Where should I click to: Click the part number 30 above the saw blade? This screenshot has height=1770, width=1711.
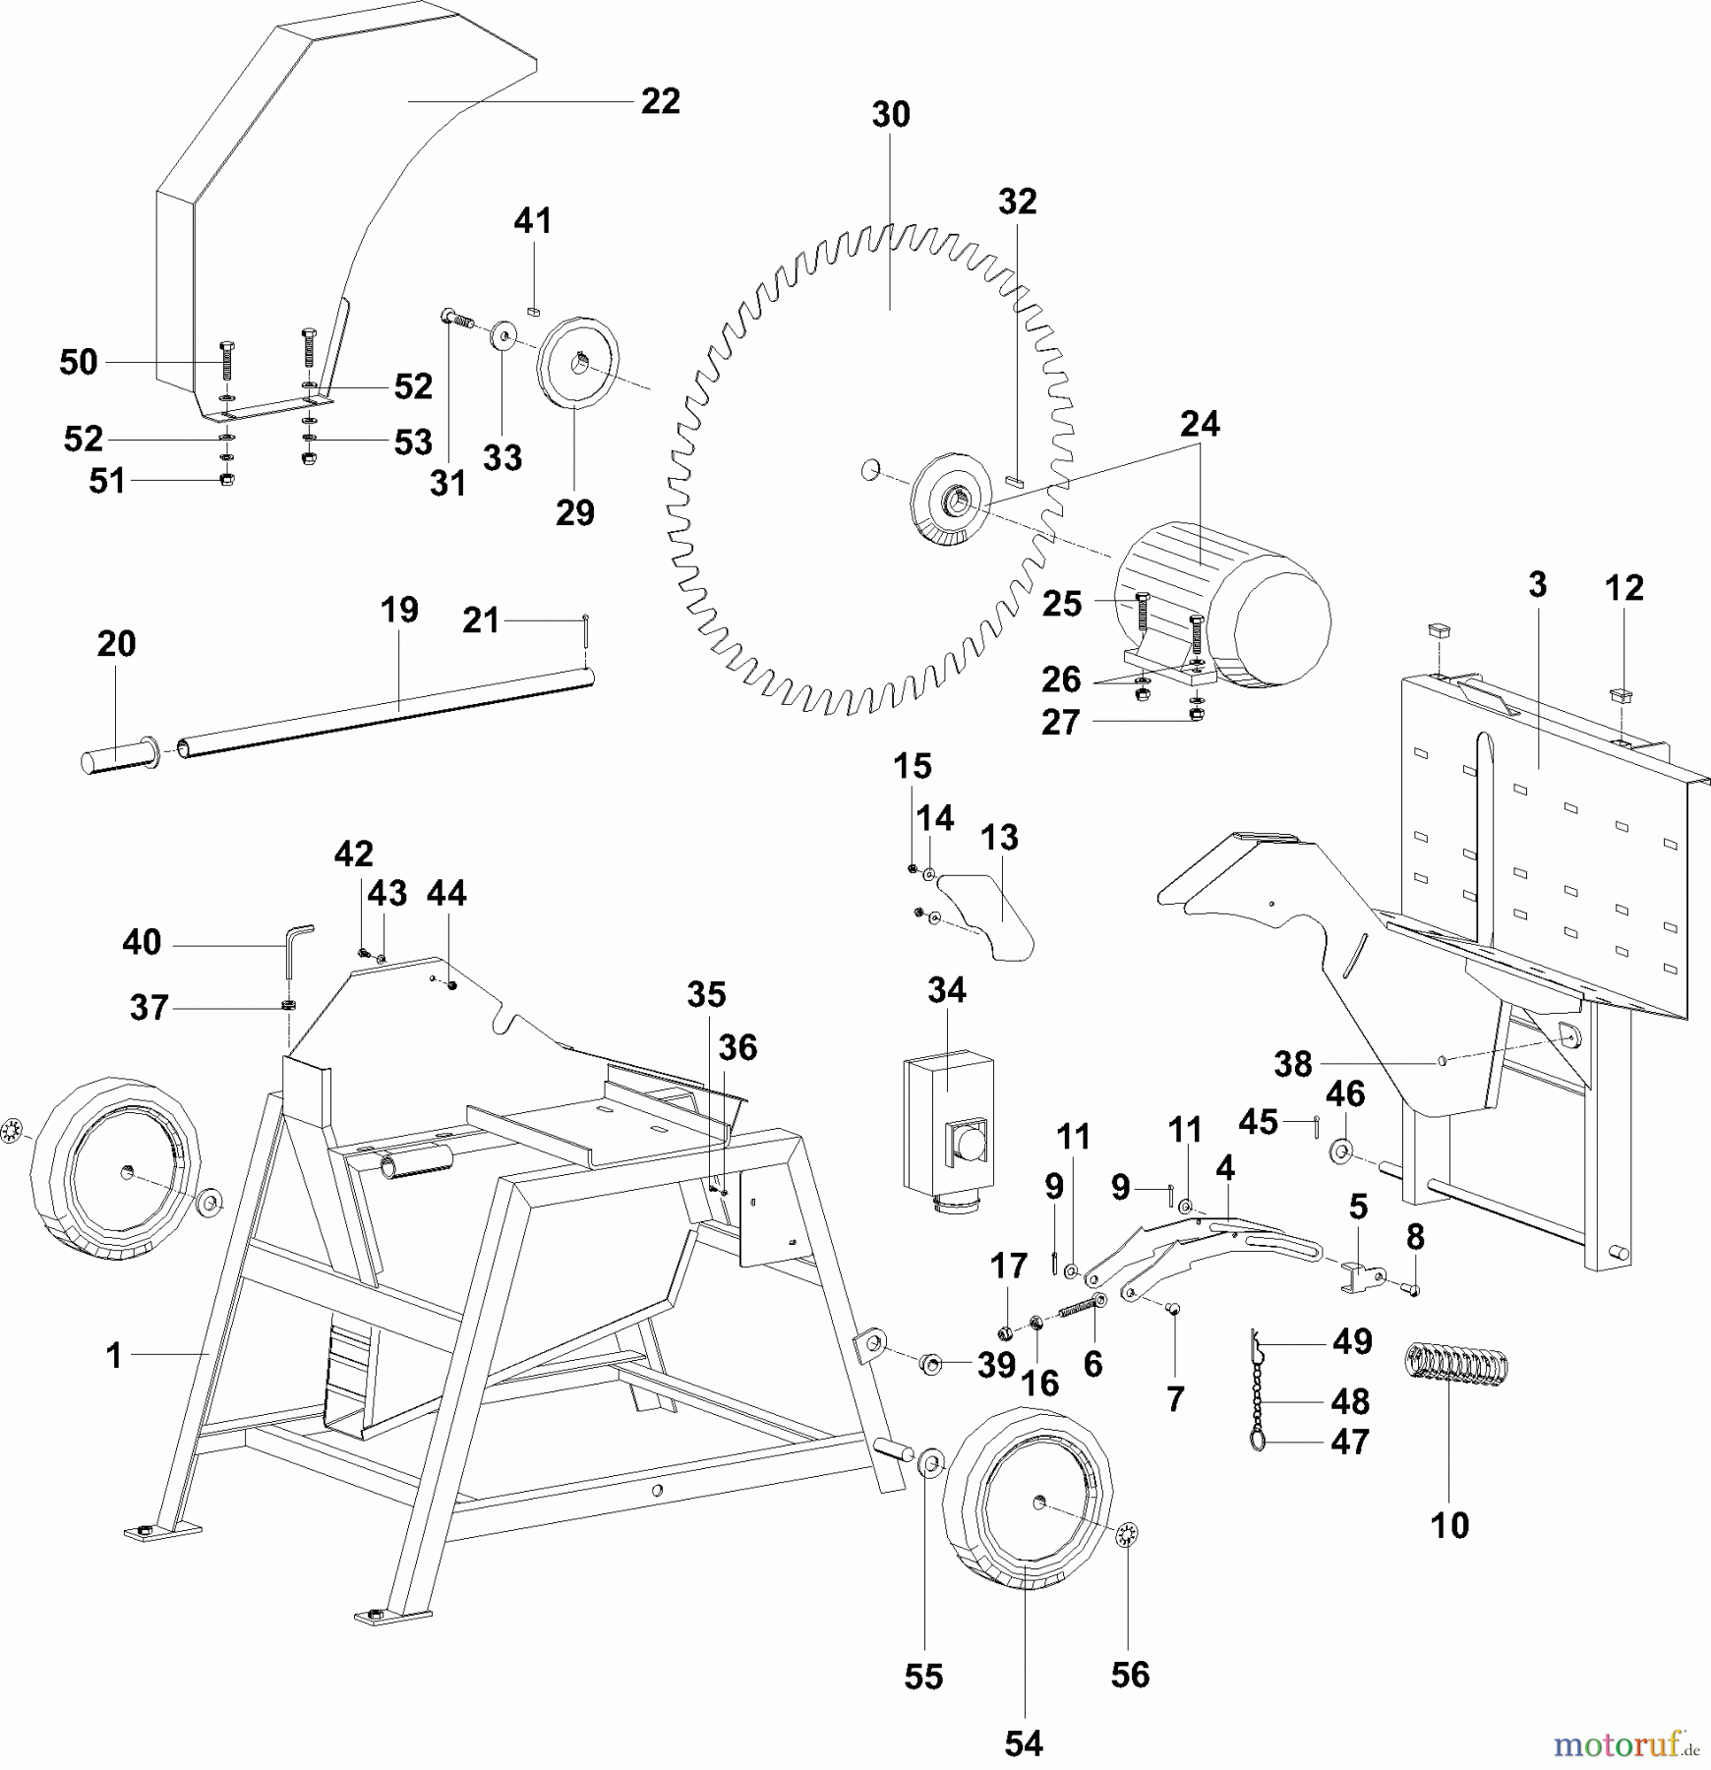pos(890,115)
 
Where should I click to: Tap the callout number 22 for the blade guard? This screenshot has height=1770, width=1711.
pos(660,101)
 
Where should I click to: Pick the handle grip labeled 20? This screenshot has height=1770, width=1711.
pos(119,760)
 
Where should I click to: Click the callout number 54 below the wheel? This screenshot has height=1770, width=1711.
pos(1023,1743)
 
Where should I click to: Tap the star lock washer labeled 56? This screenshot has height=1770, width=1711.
pos(1127,1534)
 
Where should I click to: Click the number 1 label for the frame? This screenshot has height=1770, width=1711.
pos(114,1355)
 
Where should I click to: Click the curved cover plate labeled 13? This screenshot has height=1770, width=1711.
pos(989,914)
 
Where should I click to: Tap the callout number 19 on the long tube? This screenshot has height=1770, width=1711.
pos(399,610)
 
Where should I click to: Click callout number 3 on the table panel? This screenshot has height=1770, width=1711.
pos(1538,585)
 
